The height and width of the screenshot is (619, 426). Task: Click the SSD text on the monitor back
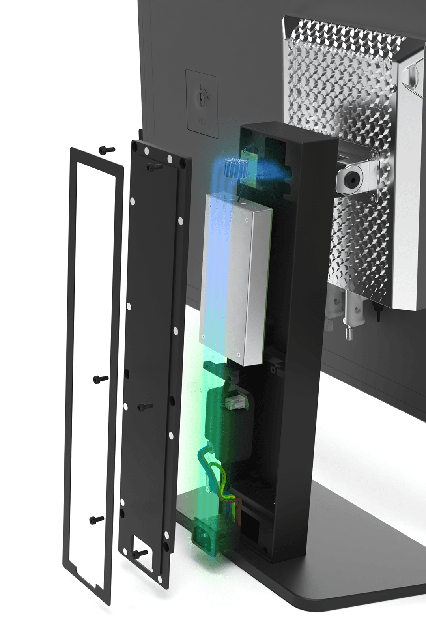pos(202,121)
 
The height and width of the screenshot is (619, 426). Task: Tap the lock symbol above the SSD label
pos(202,97)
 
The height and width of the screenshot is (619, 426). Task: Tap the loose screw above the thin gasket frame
pos(107,150)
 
